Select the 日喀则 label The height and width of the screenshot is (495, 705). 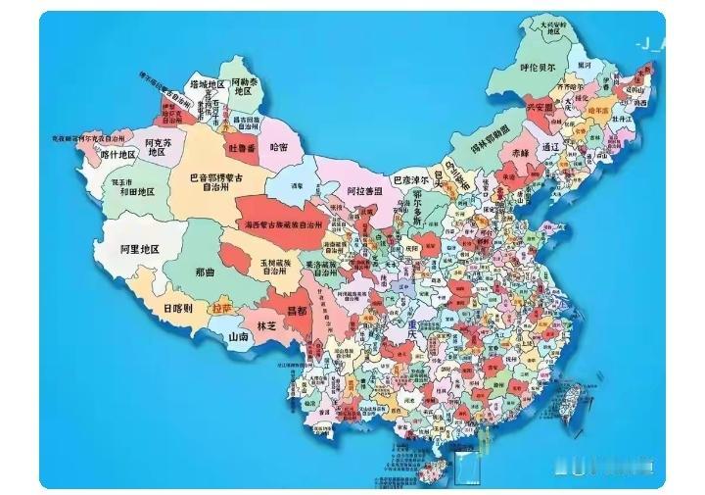[178, 307]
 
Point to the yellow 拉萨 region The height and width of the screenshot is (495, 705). [222, 308]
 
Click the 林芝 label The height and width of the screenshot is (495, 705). [266, 323]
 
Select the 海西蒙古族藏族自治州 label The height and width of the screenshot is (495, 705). [282, 225]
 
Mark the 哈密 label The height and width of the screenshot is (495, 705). [279, 146]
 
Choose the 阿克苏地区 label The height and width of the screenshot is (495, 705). [158, 147]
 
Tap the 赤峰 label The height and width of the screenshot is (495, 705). [519, 153]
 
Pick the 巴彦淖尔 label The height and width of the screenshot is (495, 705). [411, 179]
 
